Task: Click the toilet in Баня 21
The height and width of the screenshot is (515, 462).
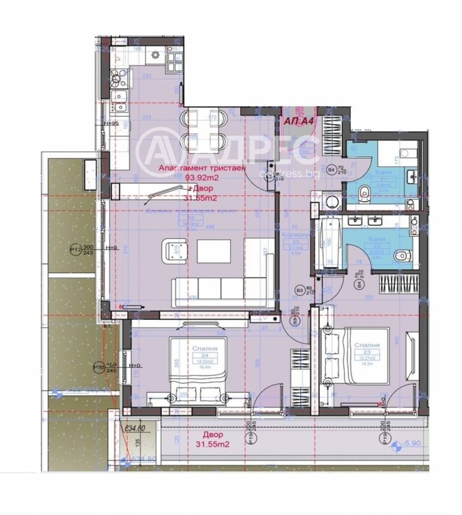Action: click(x=365, y=193)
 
